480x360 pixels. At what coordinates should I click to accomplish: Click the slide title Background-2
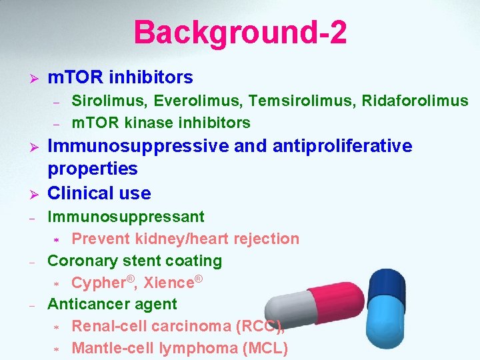240,32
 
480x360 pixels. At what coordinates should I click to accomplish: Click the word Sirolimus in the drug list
101,101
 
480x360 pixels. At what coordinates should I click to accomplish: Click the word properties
92,169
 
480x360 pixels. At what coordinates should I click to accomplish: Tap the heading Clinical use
99,193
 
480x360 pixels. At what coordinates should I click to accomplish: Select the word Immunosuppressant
126,217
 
